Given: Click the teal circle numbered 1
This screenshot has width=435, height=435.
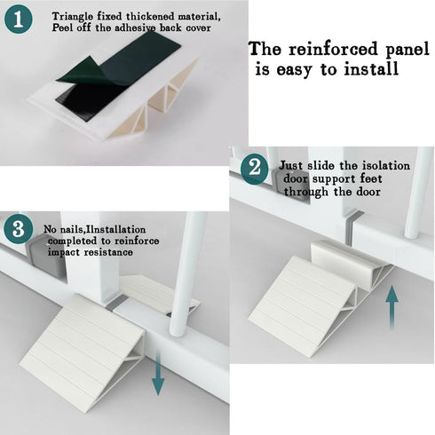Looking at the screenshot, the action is [x=19, y=20].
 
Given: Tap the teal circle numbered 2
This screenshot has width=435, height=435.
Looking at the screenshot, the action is [x=255, y=170].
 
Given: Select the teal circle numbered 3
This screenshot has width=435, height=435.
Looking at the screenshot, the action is [x=18, y=229].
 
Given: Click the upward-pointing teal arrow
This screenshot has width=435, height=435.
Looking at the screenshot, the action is [x=391, y=306].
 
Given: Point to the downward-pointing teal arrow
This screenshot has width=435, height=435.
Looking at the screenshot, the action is [x=158, y=374].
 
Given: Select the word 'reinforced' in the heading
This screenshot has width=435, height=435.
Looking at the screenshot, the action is [x=334, y=49].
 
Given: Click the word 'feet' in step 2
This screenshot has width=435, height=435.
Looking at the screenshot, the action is [x=371, y=178].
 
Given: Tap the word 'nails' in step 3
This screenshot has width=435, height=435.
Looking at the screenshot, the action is [x=69, y=229].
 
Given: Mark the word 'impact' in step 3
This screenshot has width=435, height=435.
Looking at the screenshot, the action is [x=64, y=252].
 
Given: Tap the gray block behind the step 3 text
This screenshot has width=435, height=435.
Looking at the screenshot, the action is [x=44, y=255].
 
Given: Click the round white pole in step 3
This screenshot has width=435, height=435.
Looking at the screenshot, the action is [x=186, y=273].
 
